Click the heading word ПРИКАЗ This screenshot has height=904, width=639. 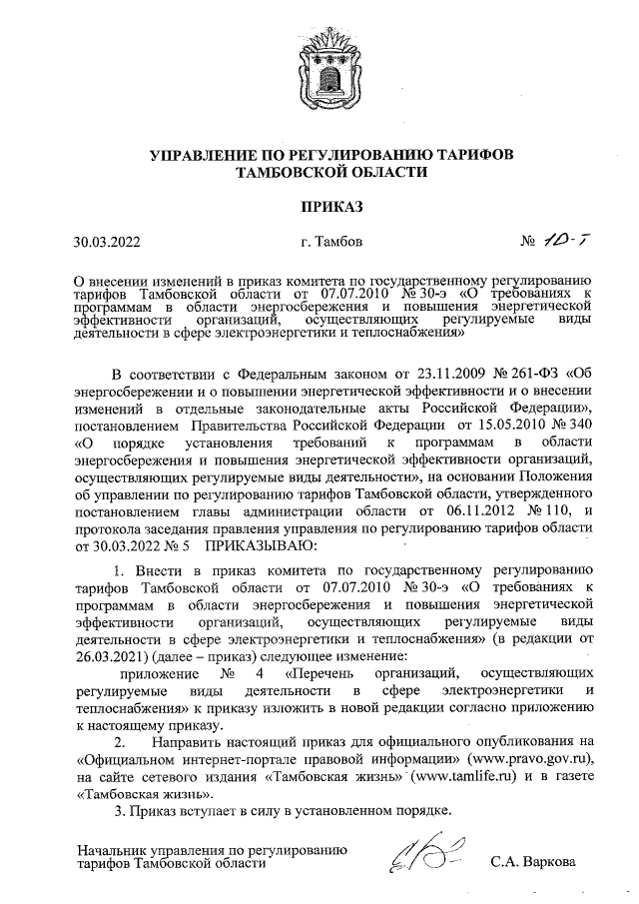[319, 208]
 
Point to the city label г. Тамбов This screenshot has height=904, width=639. [322, 242]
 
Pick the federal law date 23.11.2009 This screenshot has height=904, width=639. [441, 403]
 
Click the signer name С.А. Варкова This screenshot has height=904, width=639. [534, 861]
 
